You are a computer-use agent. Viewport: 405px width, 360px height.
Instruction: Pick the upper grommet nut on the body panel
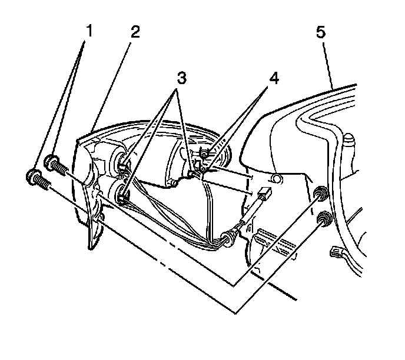tap(321, 192)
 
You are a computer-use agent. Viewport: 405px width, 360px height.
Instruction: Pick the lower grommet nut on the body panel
tap(322, 220)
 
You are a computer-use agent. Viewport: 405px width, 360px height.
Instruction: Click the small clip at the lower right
tap(336, 254)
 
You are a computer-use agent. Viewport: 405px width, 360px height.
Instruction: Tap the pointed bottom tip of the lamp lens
tap(91, 247)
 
